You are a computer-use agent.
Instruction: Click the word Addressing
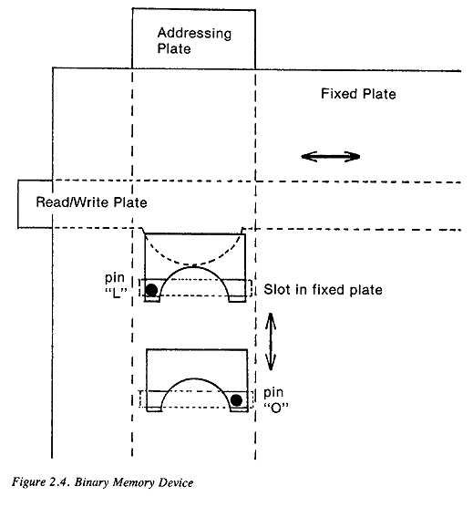(194, 34)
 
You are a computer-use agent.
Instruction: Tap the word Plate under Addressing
(174, 48)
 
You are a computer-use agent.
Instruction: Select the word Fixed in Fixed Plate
(339, 94)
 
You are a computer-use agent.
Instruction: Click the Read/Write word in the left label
(72, 202)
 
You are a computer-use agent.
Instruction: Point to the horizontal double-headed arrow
(331, 157)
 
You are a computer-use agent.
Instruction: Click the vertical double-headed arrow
(271, 341)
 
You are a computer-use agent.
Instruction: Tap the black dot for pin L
(151, 290)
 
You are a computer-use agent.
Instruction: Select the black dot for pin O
(237, 400)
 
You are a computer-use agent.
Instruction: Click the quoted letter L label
(117, 294)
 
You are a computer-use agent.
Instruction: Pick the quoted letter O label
(276, 408)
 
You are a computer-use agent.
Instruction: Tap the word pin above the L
(114, 278)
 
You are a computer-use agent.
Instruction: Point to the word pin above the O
(273, 392)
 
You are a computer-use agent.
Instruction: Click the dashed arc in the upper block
(193, 264)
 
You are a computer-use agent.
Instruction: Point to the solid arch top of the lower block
(195, 378)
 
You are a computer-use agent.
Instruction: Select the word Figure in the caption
(29, 482)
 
